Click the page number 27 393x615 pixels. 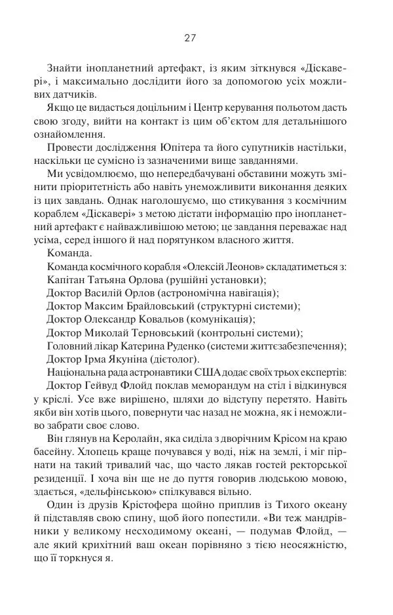[190, 37]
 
